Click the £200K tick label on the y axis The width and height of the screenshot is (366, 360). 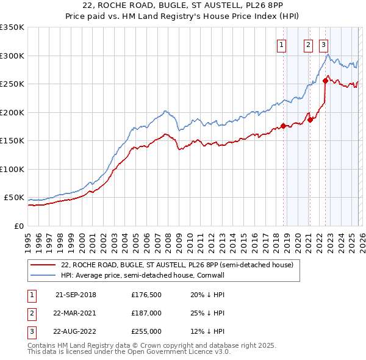tap(12, 112)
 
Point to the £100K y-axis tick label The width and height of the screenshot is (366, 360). tap(12, 169)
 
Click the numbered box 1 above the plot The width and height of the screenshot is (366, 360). tap(282, 44)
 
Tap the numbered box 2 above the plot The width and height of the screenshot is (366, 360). tap(308, 44)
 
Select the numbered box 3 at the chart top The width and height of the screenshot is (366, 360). tap(323, 44)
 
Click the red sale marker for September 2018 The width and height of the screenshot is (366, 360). tap(283, 126)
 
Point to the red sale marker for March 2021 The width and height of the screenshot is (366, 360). tap(310, 120)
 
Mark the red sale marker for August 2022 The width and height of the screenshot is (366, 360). tap(325, 80)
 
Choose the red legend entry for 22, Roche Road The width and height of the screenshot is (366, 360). tap(177, 265)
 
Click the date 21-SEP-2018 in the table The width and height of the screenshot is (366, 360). tap(76, 295)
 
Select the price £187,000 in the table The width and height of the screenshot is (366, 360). tap(146, 313)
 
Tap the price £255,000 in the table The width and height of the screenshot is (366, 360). tap(146, 331)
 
